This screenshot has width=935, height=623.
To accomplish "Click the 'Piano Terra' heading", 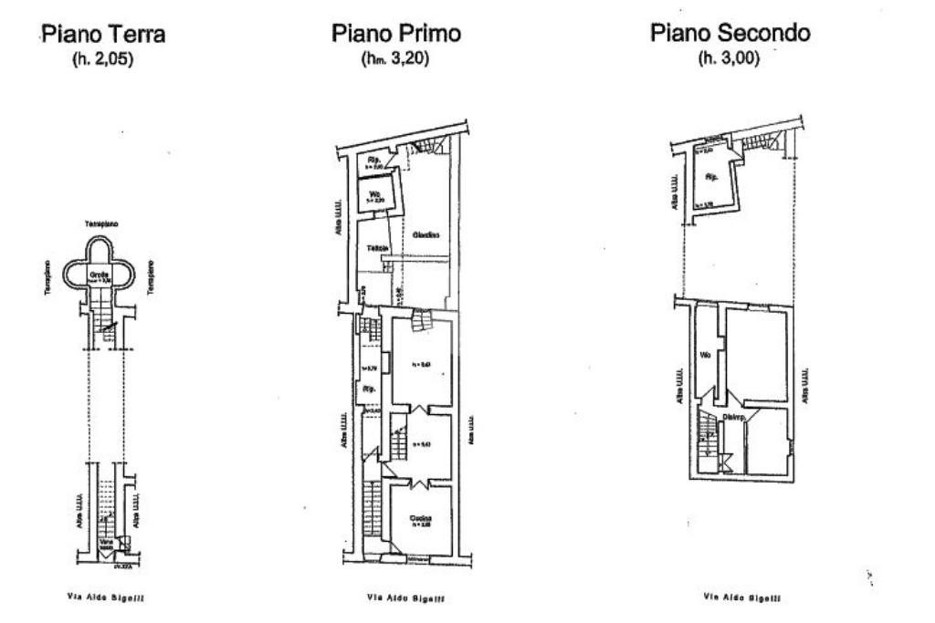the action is click(x=103, y=36).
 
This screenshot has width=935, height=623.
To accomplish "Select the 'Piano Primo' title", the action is click(x=395, y=34).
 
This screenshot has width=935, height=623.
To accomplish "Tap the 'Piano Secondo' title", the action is click(x=730, y=33).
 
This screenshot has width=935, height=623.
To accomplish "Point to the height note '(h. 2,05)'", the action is click(x=103, y=62).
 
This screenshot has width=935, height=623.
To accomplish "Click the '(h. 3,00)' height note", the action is click(x=730, y=59).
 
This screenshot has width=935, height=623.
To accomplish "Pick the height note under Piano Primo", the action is click(x=395, y=60).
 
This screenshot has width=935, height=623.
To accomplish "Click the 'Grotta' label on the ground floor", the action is click(x=100, y=273).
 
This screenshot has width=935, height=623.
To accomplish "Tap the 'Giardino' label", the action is click(x=425, y=234).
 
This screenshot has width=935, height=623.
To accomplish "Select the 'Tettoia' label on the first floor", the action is click(x=378, y=248).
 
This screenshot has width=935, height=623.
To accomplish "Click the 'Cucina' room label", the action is click(x=420, y=518).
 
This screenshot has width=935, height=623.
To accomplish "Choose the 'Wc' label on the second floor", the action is click(x=705, y=355).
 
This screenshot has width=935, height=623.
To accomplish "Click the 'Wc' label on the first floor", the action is click(x=374, y=193).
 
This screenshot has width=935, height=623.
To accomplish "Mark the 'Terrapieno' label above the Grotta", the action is click(x=101, y=223).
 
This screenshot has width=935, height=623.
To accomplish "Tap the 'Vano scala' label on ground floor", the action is click(x=106, y=542).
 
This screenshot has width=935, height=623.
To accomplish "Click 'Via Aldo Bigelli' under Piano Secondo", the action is click(x=741, y=597).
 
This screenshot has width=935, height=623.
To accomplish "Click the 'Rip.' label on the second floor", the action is click(x=711, y=177).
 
